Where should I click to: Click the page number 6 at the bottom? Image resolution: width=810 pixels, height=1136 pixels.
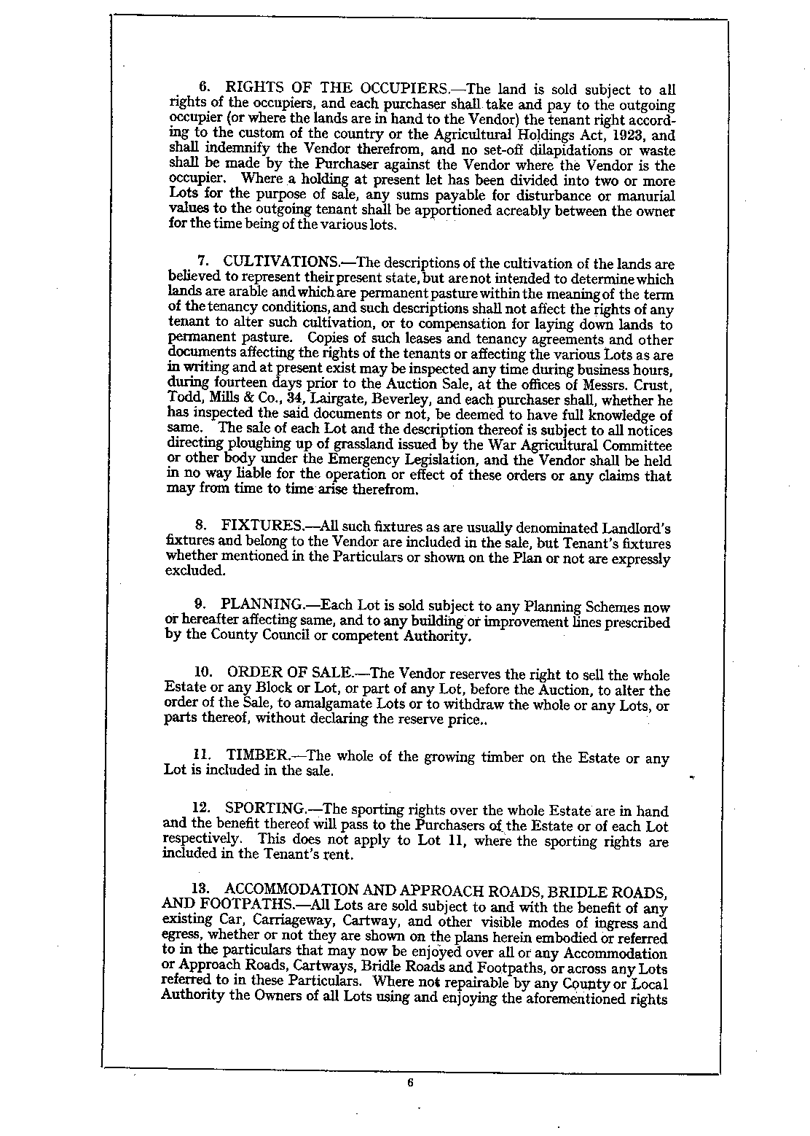[x=410, y=1082]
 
